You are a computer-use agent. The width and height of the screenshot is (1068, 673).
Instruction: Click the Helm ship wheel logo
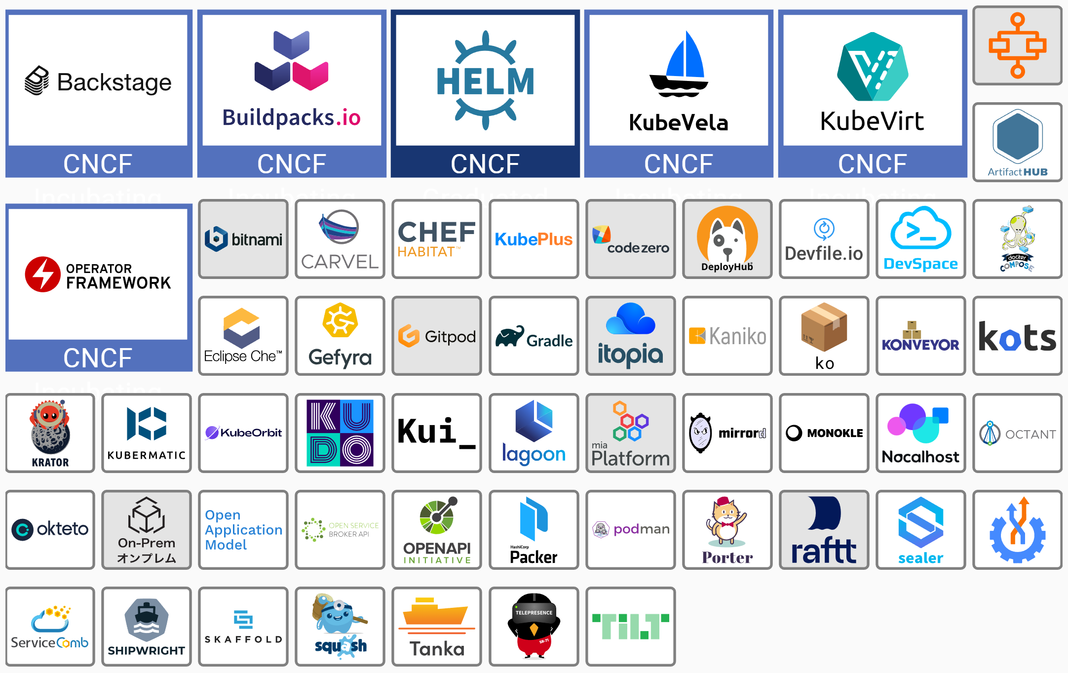tap(486, 80)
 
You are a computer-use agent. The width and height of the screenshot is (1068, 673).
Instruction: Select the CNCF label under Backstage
tap(98, 163)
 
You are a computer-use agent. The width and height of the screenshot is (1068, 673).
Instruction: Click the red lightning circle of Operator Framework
tap(43, 275)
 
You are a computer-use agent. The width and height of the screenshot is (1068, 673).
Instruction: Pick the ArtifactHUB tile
tap(1017, 142)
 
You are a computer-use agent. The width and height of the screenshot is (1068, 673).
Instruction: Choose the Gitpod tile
tap(437, 336)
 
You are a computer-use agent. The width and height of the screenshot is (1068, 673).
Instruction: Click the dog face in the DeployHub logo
tap(727, 236)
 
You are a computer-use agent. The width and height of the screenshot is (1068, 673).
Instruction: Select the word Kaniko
tap(737, 336)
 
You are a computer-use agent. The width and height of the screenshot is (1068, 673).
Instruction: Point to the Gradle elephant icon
tap(510, 336)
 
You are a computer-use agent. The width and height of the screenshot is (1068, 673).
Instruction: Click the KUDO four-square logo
tap(340, 433)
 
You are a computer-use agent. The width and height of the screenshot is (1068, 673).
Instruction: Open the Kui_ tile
tap(437, 433)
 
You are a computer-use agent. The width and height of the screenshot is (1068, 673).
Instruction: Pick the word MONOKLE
tap(835, 433)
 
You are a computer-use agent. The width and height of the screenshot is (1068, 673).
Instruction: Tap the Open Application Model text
tap(243, 530)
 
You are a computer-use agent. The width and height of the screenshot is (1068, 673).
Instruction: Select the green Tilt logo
tap(630, 627)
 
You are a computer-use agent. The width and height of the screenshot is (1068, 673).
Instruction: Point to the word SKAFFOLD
tap(243, 639)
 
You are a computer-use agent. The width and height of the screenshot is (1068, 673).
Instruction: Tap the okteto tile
tap(50, 530)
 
